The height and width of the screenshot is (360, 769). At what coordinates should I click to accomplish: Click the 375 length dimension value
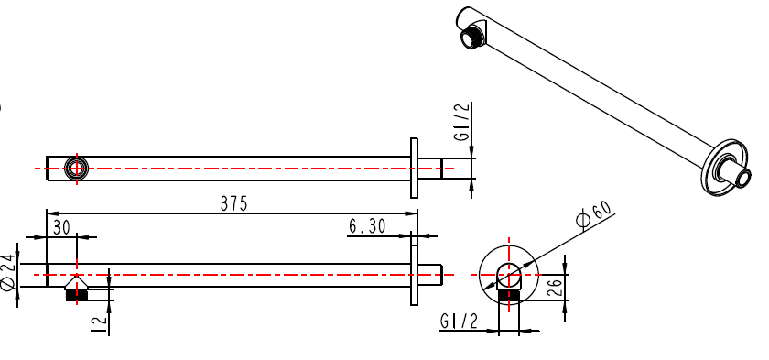(234, 203)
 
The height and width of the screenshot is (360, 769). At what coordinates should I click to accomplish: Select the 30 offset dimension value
(62, 227)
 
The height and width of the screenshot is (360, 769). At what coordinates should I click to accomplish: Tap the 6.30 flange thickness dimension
(367, 226)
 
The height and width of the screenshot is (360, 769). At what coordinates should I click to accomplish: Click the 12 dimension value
(99, 323)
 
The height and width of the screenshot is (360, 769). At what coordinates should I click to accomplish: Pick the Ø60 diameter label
(594, 215)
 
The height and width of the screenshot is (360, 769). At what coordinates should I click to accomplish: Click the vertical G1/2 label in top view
(462, 122)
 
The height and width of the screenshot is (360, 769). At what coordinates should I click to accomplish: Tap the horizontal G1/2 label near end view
(459, 322)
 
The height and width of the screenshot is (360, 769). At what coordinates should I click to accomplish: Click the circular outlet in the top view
(77, 169)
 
